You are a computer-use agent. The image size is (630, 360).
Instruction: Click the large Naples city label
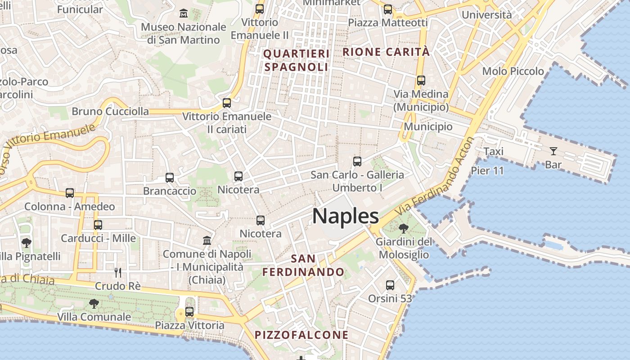point(346,216)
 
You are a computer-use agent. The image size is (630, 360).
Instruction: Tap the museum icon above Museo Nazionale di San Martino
point(184,13)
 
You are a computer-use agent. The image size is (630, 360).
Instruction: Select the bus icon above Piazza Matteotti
point(388,9)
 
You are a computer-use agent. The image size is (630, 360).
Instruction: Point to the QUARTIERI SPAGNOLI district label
point(297,60)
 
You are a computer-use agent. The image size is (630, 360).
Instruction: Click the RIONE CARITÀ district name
point(386,52)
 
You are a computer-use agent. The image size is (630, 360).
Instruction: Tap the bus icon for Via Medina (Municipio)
point(421,81)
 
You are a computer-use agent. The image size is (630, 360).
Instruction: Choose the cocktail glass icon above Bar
point(553,151)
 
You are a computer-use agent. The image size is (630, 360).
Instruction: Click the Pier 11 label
point(487,171)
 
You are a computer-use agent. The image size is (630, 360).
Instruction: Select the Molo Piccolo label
point(513,71)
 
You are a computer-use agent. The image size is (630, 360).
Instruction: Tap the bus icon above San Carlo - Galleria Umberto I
point(357,161)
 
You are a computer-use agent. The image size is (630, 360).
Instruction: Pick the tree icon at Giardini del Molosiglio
point(404,229)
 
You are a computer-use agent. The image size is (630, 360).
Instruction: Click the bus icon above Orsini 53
point(390,285)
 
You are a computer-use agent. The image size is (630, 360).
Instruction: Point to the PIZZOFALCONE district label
point(301,335)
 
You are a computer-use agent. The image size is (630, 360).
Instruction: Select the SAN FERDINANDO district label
point(304,265)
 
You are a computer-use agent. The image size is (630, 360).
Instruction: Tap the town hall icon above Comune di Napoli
point(207,241)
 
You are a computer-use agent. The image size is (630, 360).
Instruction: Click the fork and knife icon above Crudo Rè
point(118,272)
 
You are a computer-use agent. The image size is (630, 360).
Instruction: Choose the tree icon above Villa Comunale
point(94,304)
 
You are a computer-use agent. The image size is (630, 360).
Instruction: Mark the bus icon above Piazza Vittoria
point(189,311)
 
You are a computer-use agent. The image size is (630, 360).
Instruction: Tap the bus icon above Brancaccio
point(170,178)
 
